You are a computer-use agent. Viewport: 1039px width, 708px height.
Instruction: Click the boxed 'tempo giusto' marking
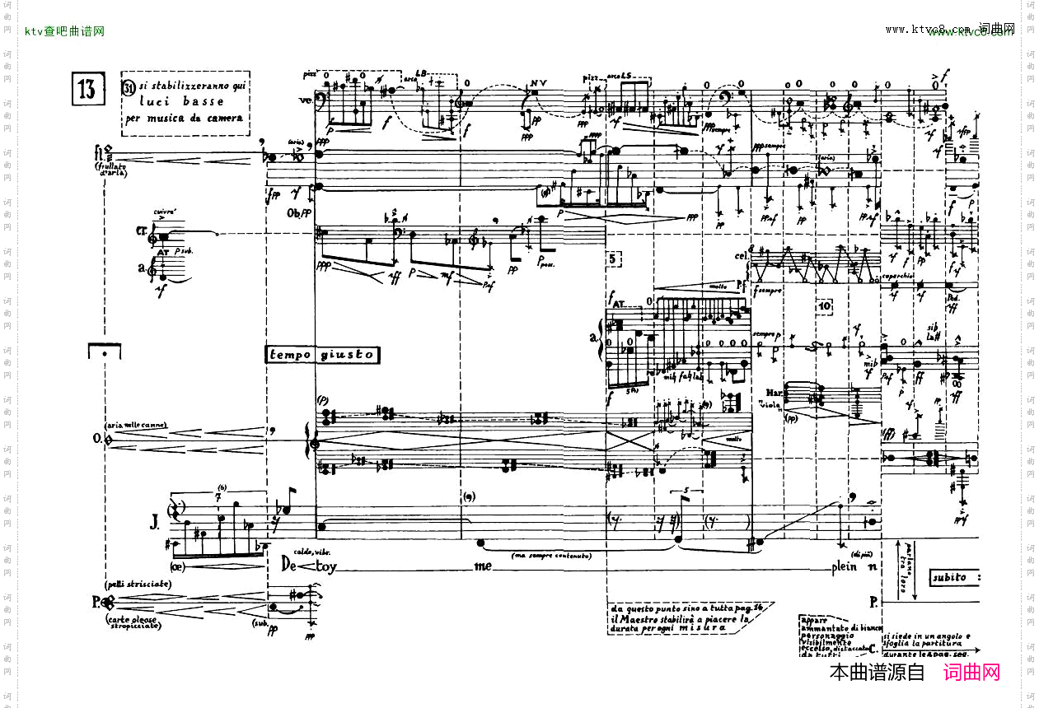tap(321, 355)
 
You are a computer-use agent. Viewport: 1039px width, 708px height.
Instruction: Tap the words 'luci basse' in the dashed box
tap(181, 102)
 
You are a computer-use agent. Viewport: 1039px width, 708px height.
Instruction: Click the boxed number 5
tap(615, 259)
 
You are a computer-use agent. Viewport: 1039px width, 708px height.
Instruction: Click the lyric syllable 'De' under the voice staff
tap(289, 566)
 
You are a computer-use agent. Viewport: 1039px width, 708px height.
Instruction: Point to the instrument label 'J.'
tap(154, 520)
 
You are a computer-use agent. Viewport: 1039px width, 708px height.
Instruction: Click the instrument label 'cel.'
tap(742, 256)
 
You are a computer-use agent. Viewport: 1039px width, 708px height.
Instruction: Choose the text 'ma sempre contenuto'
tap(551, 556)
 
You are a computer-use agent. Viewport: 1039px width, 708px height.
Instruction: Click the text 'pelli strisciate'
tap(138, 584)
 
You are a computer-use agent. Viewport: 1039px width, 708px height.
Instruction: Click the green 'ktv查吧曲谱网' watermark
tap(64, 31)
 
